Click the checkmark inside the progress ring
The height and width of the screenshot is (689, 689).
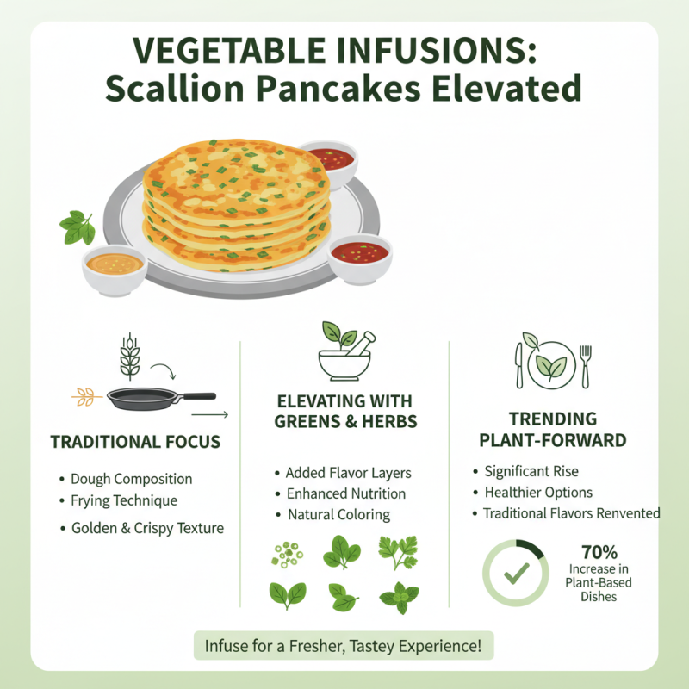515,571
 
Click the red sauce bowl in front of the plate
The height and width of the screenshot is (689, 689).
360,255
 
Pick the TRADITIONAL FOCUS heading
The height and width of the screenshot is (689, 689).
135,443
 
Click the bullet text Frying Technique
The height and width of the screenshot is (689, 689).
124,500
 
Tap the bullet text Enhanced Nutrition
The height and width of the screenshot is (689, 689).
345,493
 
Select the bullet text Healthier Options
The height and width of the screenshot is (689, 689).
537,493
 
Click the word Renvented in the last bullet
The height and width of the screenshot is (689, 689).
624,513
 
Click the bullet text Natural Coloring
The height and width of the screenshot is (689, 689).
338,514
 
